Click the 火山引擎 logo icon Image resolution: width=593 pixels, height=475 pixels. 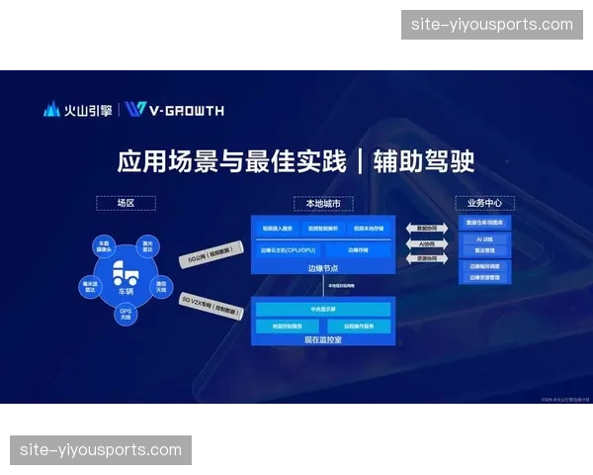point(51,109)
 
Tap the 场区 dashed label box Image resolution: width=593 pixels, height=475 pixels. point(126,203)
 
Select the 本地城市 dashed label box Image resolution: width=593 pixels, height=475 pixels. point(322,203)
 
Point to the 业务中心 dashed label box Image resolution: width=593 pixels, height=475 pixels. point(484,203)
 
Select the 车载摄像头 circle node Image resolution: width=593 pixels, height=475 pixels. point(103,243)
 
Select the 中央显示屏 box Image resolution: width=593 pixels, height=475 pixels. point(322,309)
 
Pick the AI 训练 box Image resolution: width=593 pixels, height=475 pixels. point(484,238)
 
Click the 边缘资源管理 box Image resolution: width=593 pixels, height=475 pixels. point(484,277)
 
